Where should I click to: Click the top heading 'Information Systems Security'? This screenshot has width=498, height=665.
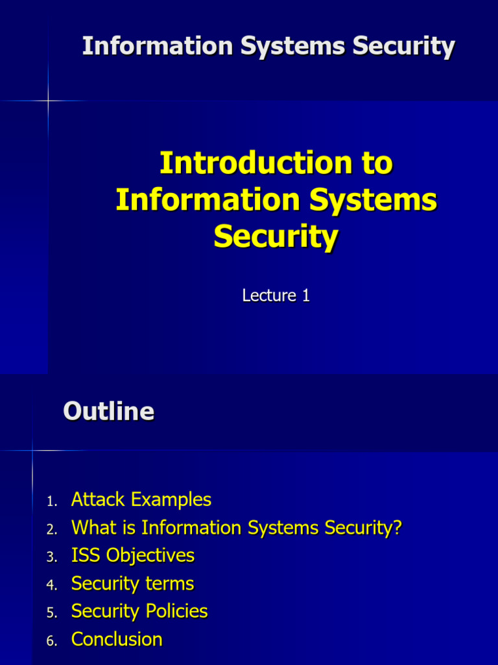[x=268, y=47]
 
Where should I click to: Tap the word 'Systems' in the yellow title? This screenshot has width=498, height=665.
[x=372, y=199]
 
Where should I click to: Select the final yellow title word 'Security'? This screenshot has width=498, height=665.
[x=276, y=236]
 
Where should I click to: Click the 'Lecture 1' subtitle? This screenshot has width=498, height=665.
[x=276, y=296]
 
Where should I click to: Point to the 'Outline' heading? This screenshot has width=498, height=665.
[x=109, y=411]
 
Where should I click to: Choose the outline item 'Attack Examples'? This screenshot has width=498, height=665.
[x=141, y=499]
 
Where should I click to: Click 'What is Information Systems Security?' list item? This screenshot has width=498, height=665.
[x=236, y=527]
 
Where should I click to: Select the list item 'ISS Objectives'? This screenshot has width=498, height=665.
[x=133, y=555]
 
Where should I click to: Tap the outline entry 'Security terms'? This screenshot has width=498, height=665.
[x=132, y=583]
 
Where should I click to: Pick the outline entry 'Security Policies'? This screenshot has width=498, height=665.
[x=139, y=611]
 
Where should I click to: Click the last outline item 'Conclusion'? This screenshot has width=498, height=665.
[x=117, y=639]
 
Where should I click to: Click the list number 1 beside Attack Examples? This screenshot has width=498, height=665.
[x=52, y=501]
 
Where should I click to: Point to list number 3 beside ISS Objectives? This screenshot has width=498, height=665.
[x=52, y=557]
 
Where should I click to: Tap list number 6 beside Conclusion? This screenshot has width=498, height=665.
[x=52, y=641]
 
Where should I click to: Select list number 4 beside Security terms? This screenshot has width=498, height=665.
[x=52, y=585]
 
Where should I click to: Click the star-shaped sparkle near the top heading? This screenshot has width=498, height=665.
[x=48, y=101]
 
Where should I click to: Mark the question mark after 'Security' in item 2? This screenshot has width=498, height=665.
[x=397, y=527]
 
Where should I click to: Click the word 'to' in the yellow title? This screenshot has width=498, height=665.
[x=378, y=162]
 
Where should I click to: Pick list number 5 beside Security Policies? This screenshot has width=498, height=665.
[x=52, y=613]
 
